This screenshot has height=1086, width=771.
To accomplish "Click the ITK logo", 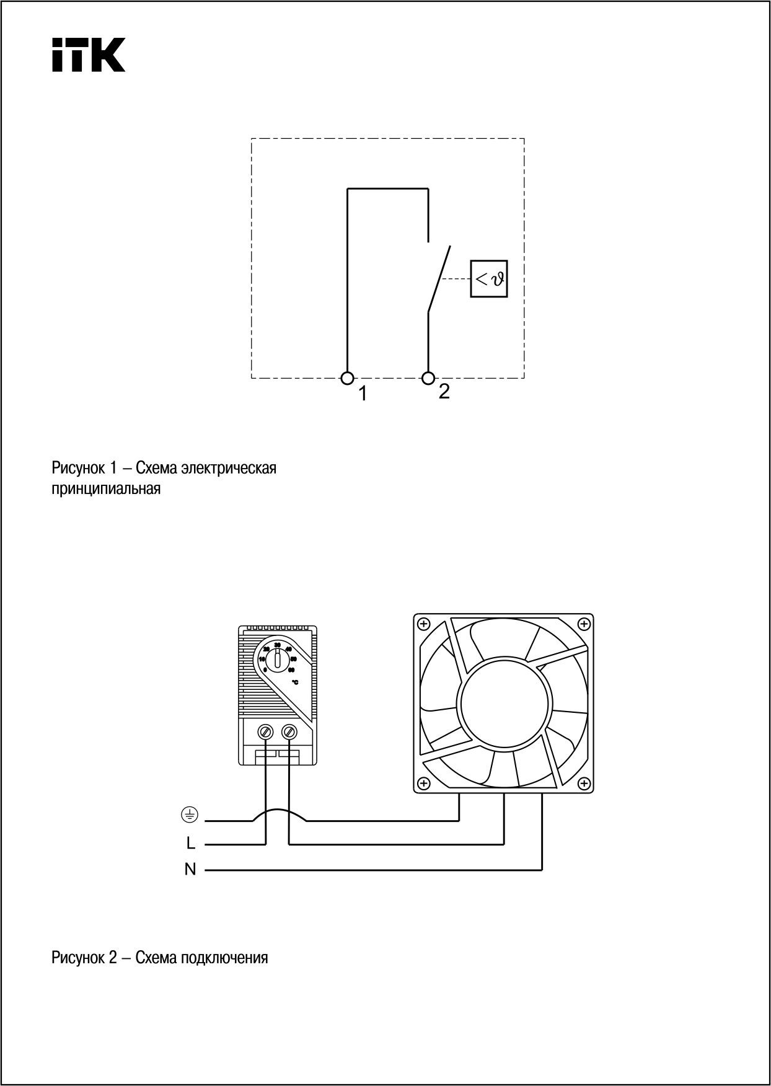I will click(89, 55).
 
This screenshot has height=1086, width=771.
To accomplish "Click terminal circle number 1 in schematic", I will click(348, 377).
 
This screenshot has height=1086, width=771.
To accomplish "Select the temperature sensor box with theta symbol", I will click(489, 279).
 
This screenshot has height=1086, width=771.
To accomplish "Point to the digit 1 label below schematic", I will click(363, 394).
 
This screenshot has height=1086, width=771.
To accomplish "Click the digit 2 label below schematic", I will click(444, 391).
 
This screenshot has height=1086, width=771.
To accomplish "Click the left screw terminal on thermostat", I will click(267, 732).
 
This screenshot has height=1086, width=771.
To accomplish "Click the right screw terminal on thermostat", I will click(289, 732).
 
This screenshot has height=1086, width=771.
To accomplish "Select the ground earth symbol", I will click(190, 815).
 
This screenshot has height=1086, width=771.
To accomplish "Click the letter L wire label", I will click(191, 844).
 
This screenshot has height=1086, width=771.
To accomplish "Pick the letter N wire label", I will click(190, 870).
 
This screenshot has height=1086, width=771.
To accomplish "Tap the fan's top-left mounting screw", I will click(424, 623).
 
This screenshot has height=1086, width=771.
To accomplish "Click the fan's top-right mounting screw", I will click(583, 623).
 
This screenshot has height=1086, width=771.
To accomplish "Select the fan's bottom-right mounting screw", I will click(583, 784).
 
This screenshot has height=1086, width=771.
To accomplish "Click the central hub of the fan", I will click(504, 703).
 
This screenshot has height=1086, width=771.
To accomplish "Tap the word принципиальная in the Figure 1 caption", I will click(106, 489).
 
